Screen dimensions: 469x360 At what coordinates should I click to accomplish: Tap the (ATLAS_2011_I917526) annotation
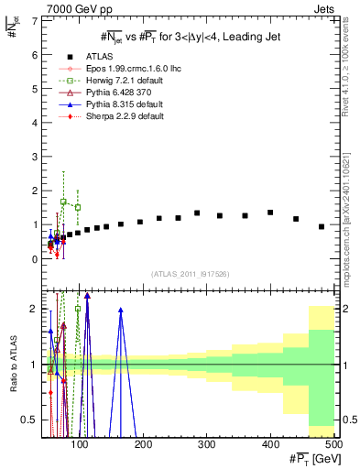pos(190,274)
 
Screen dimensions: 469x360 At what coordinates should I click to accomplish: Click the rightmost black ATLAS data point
pos(322,226)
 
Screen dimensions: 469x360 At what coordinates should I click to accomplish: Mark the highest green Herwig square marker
pos(63,202)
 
